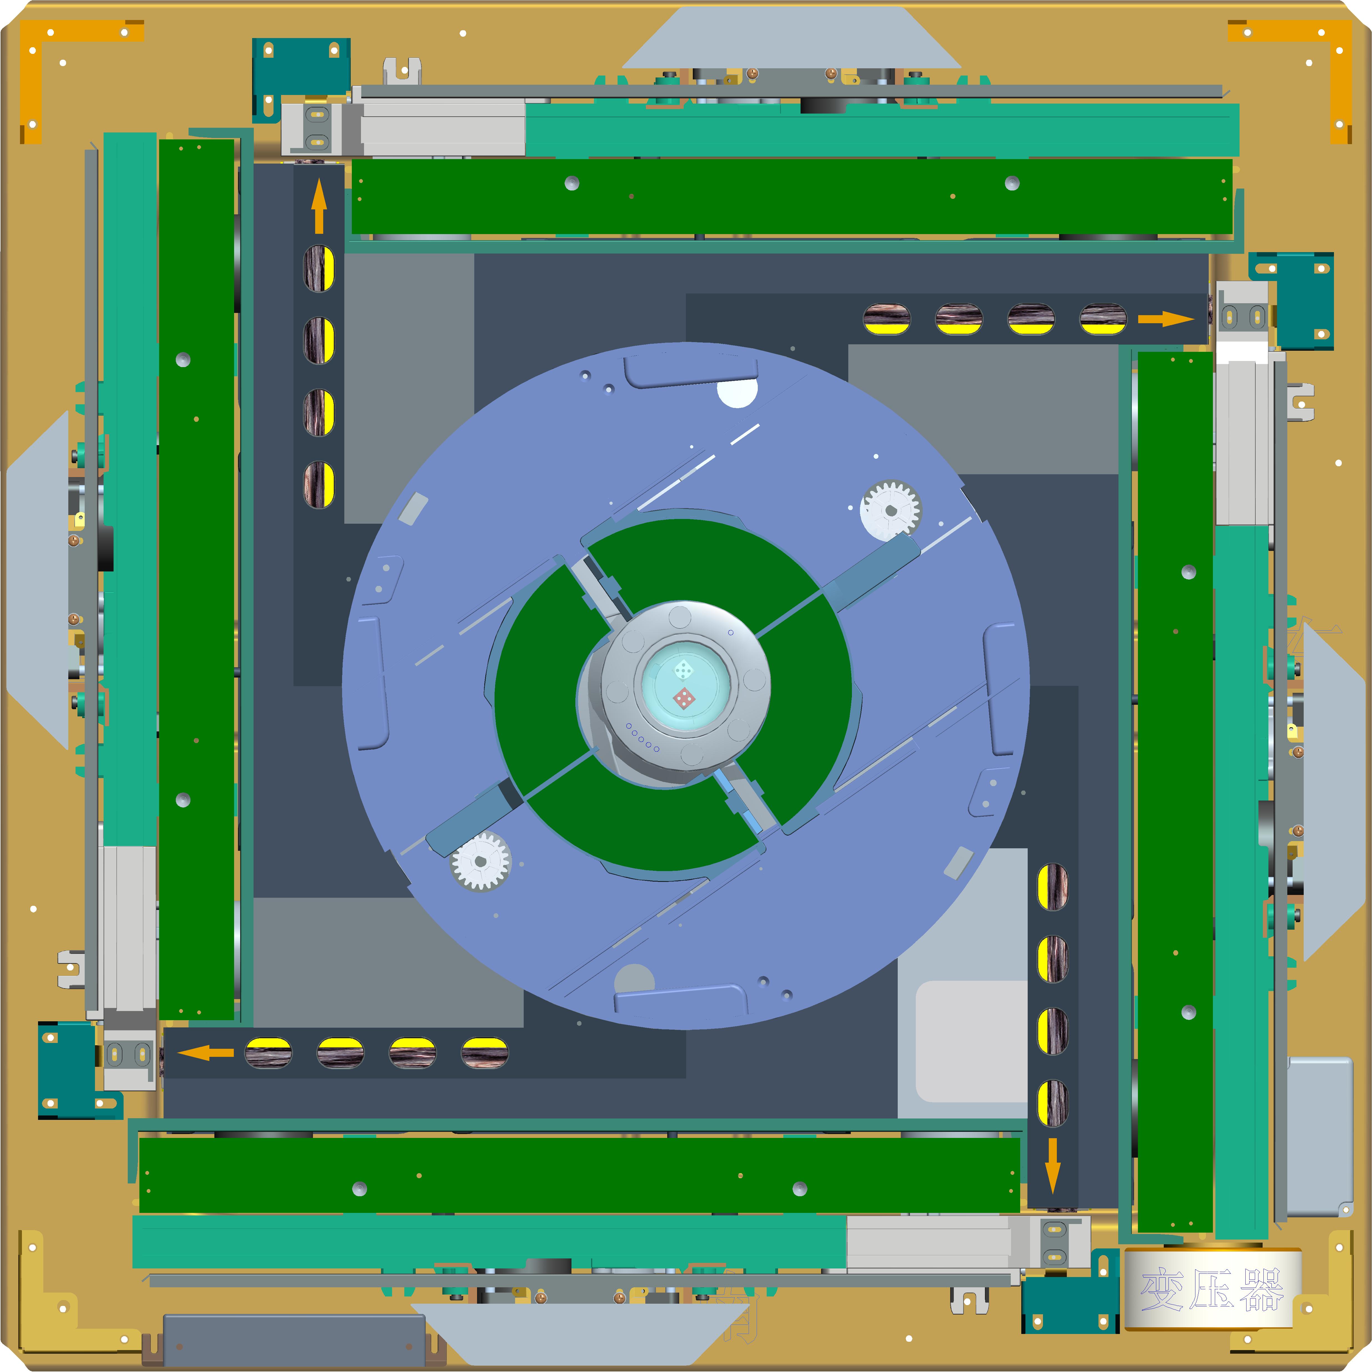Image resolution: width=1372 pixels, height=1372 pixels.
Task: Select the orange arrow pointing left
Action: pyautogui.click(x=206, y=1052)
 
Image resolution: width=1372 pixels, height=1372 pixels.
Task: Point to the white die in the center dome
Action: pyautogui.click(x=683, y=669)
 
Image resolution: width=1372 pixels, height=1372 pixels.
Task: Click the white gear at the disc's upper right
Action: pyautogui.click(x=891, y=510)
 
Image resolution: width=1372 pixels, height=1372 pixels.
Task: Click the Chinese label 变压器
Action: pyautogui.click(x=1212, y=1289)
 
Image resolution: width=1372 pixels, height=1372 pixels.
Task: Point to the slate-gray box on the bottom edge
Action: pyautogui.click(x=294, y=1339)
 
